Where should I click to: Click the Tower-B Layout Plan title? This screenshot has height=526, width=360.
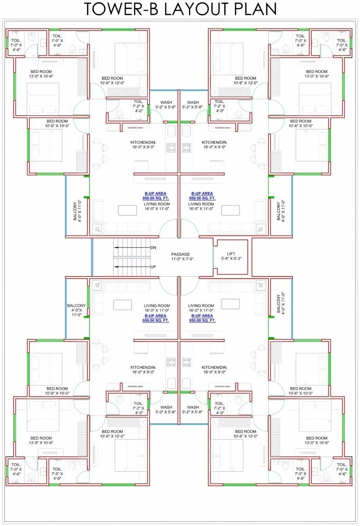tap(180, 9)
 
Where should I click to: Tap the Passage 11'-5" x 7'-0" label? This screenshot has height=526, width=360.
tap(180, 257)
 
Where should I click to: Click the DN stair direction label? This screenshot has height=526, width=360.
tap(153, 247)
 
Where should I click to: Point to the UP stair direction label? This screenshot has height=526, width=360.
tap(153, 267)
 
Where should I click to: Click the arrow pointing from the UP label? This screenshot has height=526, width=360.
tap(132, 267)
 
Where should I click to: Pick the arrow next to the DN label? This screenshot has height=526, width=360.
tap(132, 247)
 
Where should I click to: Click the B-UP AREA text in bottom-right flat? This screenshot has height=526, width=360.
tap(202, 318)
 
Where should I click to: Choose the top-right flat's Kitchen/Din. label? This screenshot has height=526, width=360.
tap(214, 145)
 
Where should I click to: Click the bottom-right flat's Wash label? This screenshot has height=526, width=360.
tap(193, 410)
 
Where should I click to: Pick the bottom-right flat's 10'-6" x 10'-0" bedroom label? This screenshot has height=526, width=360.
tap(300, 391)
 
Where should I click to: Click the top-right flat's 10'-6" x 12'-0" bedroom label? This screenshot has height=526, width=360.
tap(245, 81)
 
